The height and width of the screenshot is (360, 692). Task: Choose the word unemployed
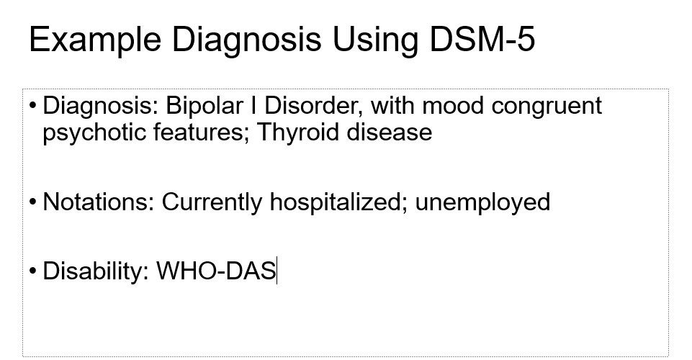click(482, 202)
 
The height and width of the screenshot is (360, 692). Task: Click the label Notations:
click(99, 202)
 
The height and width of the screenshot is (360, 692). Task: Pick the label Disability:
click(96, 271)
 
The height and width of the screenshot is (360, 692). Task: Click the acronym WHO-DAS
click(216, 271)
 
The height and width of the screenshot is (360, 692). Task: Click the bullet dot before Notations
click(33, 202)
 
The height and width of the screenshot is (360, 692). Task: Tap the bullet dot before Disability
click(33, 271)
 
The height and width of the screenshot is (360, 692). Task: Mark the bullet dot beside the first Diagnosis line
click(33, 106)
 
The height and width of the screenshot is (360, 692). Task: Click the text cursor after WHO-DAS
click(277, 271)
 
